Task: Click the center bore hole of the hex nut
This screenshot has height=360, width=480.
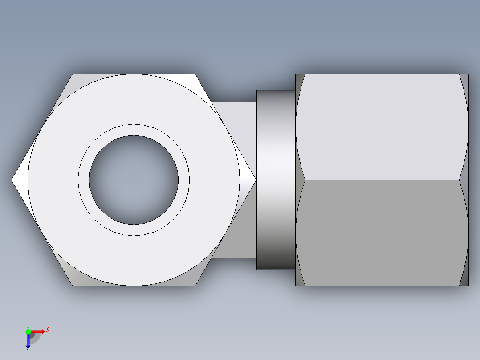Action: click(134, 180)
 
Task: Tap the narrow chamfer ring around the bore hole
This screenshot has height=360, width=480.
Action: click(134, 130)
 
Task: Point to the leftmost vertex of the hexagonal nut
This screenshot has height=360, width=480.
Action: click(12, 180)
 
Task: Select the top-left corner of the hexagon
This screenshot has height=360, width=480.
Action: click(73, 74)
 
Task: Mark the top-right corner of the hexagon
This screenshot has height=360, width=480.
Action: click(195, 74)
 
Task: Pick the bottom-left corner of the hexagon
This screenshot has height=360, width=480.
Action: click(73, 286)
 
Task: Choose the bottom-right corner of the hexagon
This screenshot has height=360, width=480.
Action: click(195, 286)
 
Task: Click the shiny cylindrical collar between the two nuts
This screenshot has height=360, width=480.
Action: click(276, 180)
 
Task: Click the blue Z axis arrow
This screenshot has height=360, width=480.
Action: click(28, 341)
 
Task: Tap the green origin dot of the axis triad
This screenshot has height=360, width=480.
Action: click(28, 331)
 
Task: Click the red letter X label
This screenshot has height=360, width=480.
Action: click(48, 329)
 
